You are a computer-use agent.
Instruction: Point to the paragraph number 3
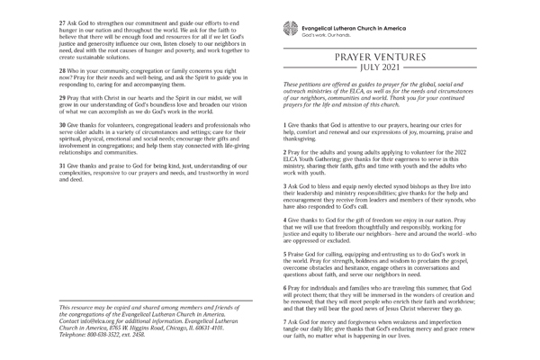[285, 195]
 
